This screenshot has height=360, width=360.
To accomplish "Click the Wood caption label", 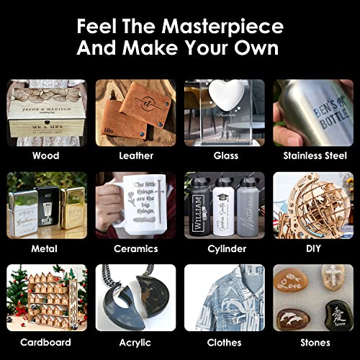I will pos(47,155).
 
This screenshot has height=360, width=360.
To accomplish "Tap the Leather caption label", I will pos(136,155).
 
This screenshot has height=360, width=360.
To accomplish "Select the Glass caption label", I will pos(225,155).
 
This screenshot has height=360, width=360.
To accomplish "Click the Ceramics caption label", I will pos(136,248).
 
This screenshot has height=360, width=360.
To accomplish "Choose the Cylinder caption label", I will pos(225,248).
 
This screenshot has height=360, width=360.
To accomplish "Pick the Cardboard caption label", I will pos(47,342).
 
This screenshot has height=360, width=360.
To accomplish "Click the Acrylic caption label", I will pos(136,342).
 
